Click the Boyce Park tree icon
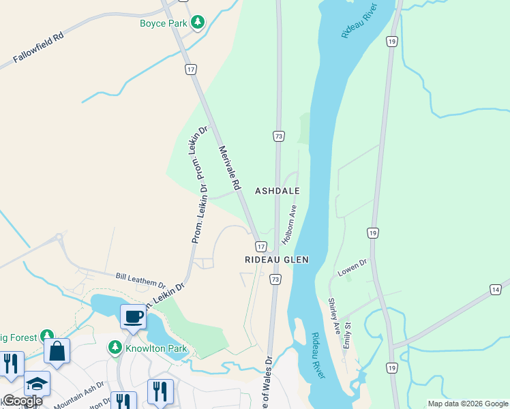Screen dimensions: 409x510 [198, 22]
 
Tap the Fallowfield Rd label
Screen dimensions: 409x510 [38, 48]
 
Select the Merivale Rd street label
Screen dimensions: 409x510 [230, 167]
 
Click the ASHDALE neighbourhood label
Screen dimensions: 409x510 [277, 191]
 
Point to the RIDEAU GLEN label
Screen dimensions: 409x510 [277, 260]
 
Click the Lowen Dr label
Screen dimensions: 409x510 [352, 267]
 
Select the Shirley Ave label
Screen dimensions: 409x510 [334, 315]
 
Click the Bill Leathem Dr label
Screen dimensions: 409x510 [140, 279]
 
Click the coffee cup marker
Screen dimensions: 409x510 [133, 316]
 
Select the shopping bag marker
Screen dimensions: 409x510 [57, 351]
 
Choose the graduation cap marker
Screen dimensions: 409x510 [37, 383]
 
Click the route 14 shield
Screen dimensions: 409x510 [496, 290]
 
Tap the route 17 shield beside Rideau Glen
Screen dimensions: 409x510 [260, 245]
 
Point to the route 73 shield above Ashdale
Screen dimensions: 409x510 [278, 136]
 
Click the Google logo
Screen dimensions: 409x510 [22, 401]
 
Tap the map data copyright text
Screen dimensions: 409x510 [468, 404]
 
